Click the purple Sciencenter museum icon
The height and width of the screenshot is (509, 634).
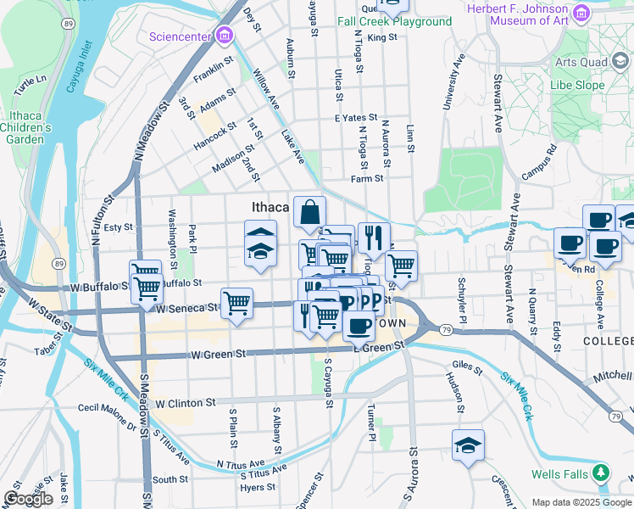point(224,36)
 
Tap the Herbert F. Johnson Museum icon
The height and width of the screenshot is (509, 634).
point(581,13)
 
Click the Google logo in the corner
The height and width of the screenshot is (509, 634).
point(28,499)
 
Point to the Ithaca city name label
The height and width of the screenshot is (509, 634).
point(270,207)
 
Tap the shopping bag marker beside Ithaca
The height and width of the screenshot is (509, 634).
point(310,212)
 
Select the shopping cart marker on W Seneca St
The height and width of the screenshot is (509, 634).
point(237,302)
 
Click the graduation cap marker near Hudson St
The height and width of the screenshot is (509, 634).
point(468,445)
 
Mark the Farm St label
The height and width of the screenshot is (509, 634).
point(368,179)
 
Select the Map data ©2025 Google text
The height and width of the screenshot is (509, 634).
point(581,501)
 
